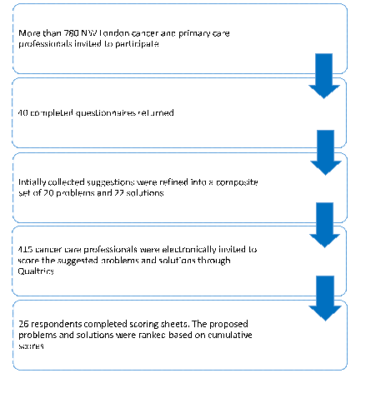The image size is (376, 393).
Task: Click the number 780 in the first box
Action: [71, 33]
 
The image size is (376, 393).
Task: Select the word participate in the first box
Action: [137, 44]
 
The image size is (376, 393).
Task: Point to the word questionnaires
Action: [106, 113]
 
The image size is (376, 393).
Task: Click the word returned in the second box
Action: [156, 112]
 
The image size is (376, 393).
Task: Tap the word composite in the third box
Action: [237, 182]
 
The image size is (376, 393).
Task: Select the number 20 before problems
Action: [48, 192]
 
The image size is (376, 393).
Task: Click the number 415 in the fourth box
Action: [25, 249]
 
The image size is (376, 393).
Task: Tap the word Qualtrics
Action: [36, 271]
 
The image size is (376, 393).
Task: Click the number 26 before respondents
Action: [23, 324]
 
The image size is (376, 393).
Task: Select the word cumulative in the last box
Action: [230, 335]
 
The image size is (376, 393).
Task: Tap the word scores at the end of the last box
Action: [31, 346]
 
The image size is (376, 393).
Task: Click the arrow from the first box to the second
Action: [324, 76]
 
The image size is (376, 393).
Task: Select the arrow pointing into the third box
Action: [326, 152]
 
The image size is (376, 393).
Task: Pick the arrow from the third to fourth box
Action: [324, 225]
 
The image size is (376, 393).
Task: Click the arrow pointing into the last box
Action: [325, 298]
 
